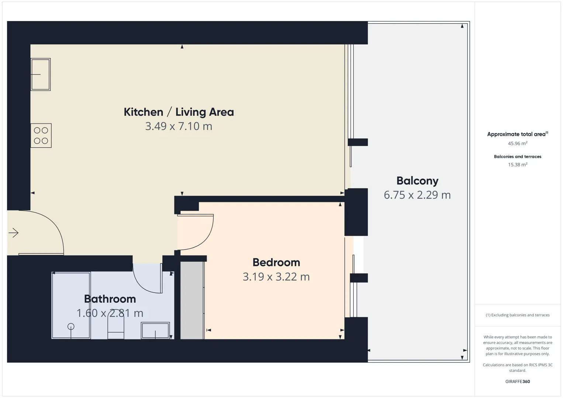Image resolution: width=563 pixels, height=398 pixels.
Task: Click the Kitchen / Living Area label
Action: pyautogui.click(x=179, y=112)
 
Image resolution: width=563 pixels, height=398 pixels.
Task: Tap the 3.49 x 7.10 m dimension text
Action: pyautogui.click(x=179, y=126)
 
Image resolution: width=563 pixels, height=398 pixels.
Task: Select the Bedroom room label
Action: pyautogui.click(x=276, y=262)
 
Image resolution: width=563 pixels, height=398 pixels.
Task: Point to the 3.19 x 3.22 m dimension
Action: pyautogui.click(x=276, y=277)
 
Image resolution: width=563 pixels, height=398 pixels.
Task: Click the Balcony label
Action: pyautogui.click(x=418, y=181)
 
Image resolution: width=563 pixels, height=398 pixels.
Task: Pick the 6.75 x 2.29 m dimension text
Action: pyautogui.click(x=417, y=195)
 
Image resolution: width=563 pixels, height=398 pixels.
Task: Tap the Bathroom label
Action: pyautogui.click(x=110, y=299)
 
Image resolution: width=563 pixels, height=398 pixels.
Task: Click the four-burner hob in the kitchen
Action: pyautogui.click(x=41, y=136)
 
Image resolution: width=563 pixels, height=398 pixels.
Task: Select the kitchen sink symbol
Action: pyautogui.click(x=41, y=74)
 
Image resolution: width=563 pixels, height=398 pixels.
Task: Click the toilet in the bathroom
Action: pyautogui.click(x=115, y=327)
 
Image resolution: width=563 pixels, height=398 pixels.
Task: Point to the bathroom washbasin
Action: pyautogui.click(x=155, y=331)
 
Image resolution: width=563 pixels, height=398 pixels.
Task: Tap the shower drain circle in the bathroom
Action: pyautogui.click(x=71, y=327)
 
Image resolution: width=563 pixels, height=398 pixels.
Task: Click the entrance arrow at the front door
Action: pyautogui.click(x=14, y=233)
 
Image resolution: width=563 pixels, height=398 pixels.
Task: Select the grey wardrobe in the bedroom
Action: pyautogui.click(x=192, y=300)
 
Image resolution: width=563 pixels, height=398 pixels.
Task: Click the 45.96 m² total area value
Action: pyautogui.click(x=518, y=143)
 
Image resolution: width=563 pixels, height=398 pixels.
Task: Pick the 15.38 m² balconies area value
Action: pyautogui.click(x=518, y=164)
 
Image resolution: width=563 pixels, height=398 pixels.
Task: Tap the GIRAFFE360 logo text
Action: pyautogui.click(x=518, y=381)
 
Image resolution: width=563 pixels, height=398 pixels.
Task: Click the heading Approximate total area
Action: pyautogui.click(x=518, y=134)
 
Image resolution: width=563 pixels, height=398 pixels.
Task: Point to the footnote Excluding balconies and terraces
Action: pyautogui.click(x=518, y=315)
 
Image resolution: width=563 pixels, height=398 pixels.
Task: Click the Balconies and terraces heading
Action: pyautogui.click(x=518, y=157)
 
